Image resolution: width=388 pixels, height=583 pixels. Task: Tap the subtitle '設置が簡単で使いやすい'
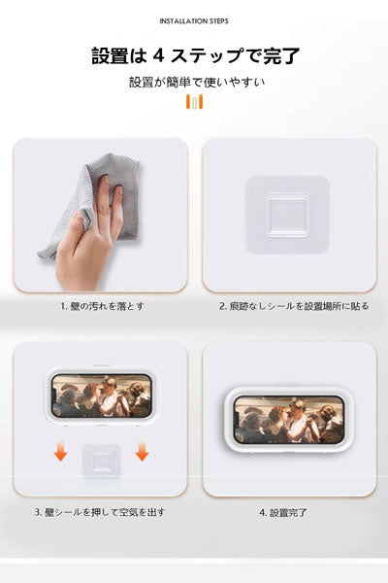pyautogui.click(x=194, y=82)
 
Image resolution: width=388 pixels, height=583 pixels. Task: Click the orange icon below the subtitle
pyautogui.click(x=194, y=103)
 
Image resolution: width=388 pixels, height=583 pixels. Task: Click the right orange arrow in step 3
pyautogui.click(x=142, y=450)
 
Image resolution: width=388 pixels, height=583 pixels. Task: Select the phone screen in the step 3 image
pyautogui.click(x=100, y=395)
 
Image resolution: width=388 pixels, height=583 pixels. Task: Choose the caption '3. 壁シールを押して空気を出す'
pyautogui.click(x=99, y=511)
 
